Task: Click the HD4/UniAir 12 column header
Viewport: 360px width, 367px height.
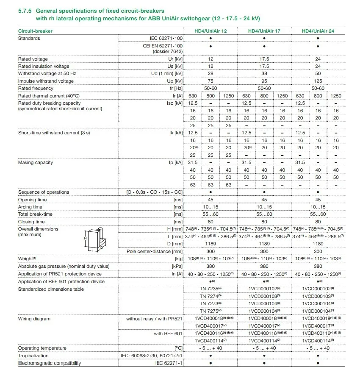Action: (x=210, y=31)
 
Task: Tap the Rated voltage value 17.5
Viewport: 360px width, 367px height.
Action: (x=264, y=59)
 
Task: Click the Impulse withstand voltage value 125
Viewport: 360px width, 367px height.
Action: (x=318, y=81)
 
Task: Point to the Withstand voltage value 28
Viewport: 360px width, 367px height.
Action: (x=210, y=74)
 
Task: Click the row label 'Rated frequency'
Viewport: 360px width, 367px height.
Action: (x=36, y=88)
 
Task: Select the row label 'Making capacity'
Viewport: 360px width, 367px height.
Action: (x=36, y=162)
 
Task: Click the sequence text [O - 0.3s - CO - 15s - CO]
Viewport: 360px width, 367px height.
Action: (x=155, y=192)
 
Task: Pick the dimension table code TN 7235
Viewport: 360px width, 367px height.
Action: (x=210, y=289)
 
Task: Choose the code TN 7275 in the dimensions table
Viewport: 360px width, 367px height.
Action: (x=210, y=311)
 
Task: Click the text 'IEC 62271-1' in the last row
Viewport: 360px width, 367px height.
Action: (x=169, y=363)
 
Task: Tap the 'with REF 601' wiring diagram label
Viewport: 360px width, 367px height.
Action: (x=168, y=334)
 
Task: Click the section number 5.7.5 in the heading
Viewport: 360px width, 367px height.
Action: (x=25, y=10)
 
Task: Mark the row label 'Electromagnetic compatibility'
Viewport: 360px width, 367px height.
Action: (x=50, y=363)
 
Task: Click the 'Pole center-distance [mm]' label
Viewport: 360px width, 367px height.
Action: (x=155, y=251)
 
